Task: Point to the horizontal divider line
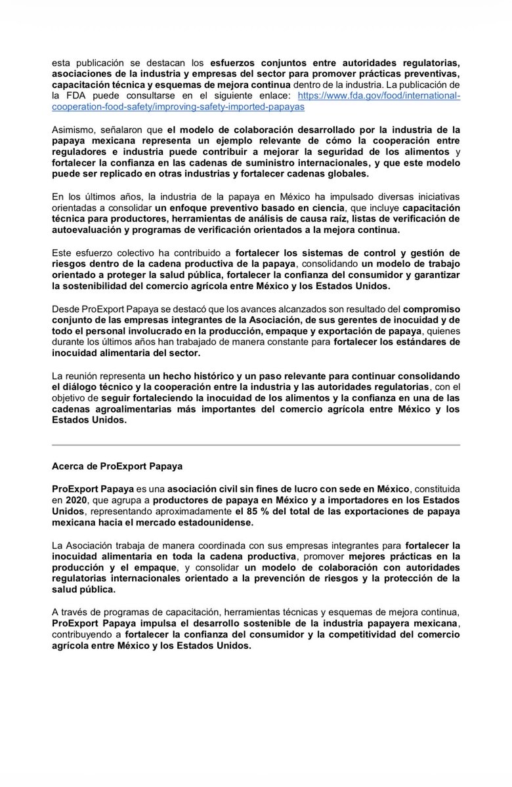(x=255, y=445)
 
